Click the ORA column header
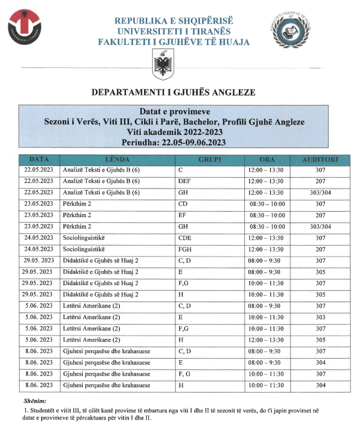(x=267, y=159)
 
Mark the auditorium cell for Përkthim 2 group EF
(x=320, y=216)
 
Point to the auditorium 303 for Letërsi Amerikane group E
(x=320, y=318)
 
